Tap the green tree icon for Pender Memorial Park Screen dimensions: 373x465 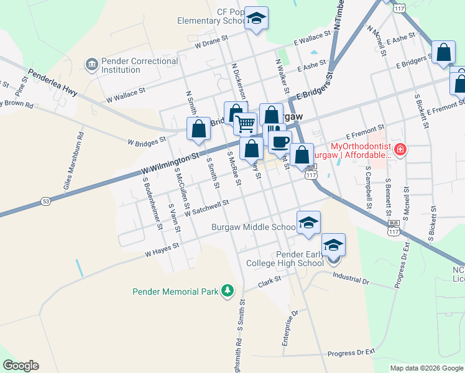point(228,290)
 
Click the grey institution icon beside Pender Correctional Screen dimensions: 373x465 point(91,65)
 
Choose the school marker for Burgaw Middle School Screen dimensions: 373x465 point(308,223)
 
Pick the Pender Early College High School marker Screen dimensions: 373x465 point(333,244)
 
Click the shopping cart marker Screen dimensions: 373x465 point(246,124)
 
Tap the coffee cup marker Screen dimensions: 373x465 point(280,141)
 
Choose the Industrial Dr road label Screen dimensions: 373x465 point(351,278)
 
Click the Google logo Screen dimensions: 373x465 point(21,366)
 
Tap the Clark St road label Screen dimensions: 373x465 point(270,282)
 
